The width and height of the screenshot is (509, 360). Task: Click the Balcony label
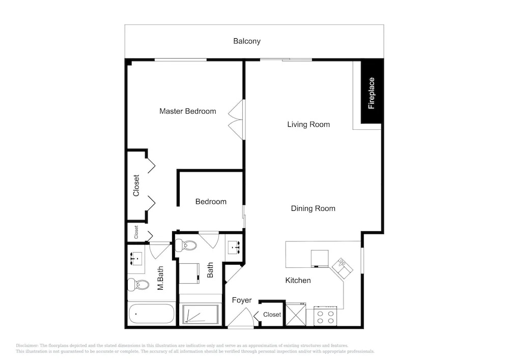247,41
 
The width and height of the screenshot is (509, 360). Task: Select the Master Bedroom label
188,112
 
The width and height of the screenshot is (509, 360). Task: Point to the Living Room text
308,124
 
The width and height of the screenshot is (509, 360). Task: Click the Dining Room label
313,208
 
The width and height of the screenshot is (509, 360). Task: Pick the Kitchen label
298,281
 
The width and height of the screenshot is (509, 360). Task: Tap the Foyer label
242,300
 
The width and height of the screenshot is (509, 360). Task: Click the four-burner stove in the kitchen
325,316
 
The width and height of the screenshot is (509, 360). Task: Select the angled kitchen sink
342,268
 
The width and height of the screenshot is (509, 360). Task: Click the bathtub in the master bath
151,314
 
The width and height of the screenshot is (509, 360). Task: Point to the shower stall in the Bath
200,314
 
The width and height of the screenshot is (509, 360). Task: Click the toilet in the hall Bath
185,245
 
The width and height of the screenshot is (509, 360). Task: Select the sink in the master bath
136,258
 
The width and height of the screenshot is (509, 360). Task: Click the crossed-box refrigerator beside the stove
296,314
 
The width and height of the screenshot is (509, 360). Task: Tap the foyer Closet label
272,315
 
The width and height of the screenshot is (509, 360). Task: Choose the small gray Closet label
136,232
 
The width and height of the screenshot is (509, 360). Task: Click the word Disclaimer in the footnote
27,346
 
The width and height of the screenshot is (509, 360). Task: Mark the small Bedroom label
211,202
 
